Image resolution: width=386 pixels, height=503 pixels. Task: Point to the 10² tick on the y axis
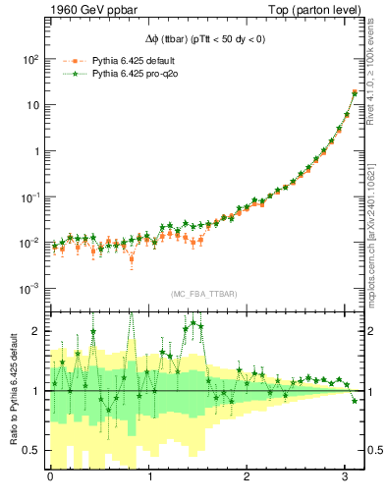tap(30, 59)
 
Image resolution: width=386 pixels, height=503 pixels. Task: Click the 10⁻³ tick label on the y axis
tap(30, 289)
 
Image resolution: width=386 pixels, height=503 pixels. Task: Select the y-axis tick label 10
tap(32, 105)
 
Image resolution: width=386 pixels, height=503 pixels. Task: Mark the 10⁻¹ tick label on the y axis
tap(30, 196)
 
